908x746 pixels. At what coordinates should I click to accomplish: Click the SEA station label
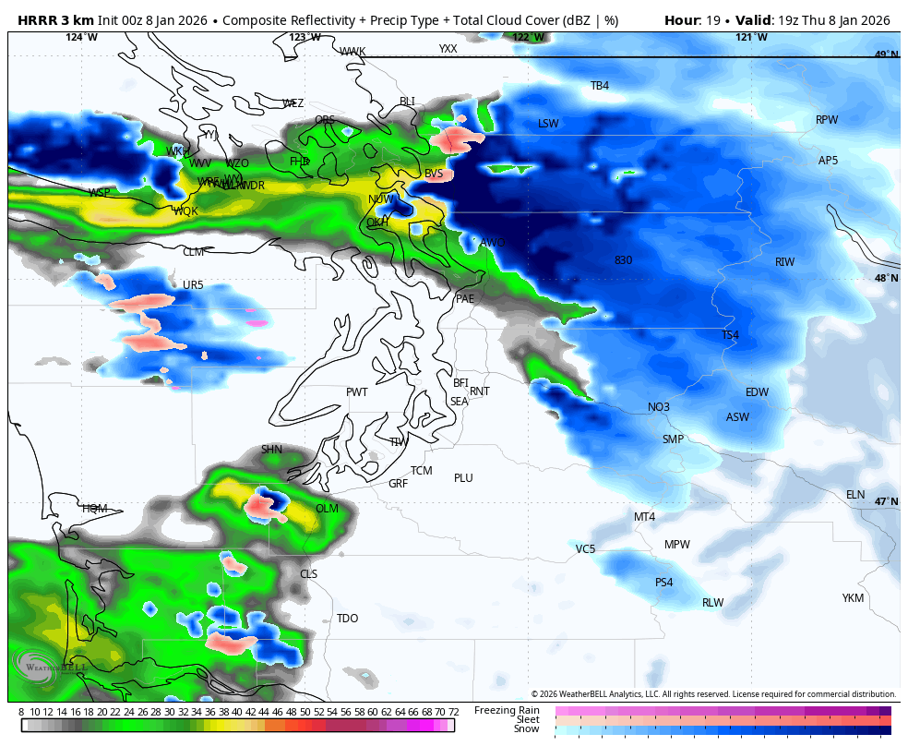pos(459,402)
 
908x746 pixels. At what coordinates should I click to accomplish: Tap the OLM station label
pos(327,509)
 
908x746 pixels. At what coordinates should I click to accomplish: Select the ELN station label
pos(855,495)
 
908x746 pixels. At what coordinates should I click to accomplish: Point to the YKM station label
pos(853,598)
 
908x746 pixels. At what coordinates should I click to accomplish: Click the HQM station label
pos(94,509)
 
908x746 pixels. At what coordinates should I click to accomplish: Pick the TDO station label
pos(347,619)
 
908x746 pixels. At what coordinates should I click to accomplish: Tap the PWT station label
pos(356,392)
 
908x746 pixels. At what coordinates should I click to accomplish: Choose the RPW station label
pos(827,120)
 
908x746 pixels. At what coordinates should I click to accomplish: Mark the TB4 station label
pos(600,86)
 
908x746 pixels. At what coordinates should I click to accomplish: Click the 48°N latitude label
pos(886,279)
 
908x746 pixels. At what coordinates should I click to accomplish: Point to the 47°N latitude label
pos(886,502)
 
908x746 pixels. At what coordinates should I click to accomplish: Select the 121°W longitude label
pos(751,38)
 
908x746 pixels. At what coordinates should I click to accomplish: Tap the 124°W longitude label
pos(81,38)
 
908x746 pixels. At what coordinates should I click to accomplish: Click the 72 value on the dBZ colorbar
pos(453,712)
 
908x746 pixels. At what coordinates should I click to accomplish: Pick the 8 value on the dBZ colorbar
pos(21,712)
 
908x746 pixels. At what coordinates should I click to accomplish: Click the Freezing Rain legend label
pos(507,710)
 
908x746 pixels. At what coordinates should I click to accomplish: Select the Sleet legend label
pos(527,719)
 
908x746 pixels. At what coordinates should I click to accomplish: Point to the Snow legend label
pos(526,728)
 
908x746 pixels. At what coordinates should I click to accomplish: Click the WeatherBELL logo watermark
pos(50,665)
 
